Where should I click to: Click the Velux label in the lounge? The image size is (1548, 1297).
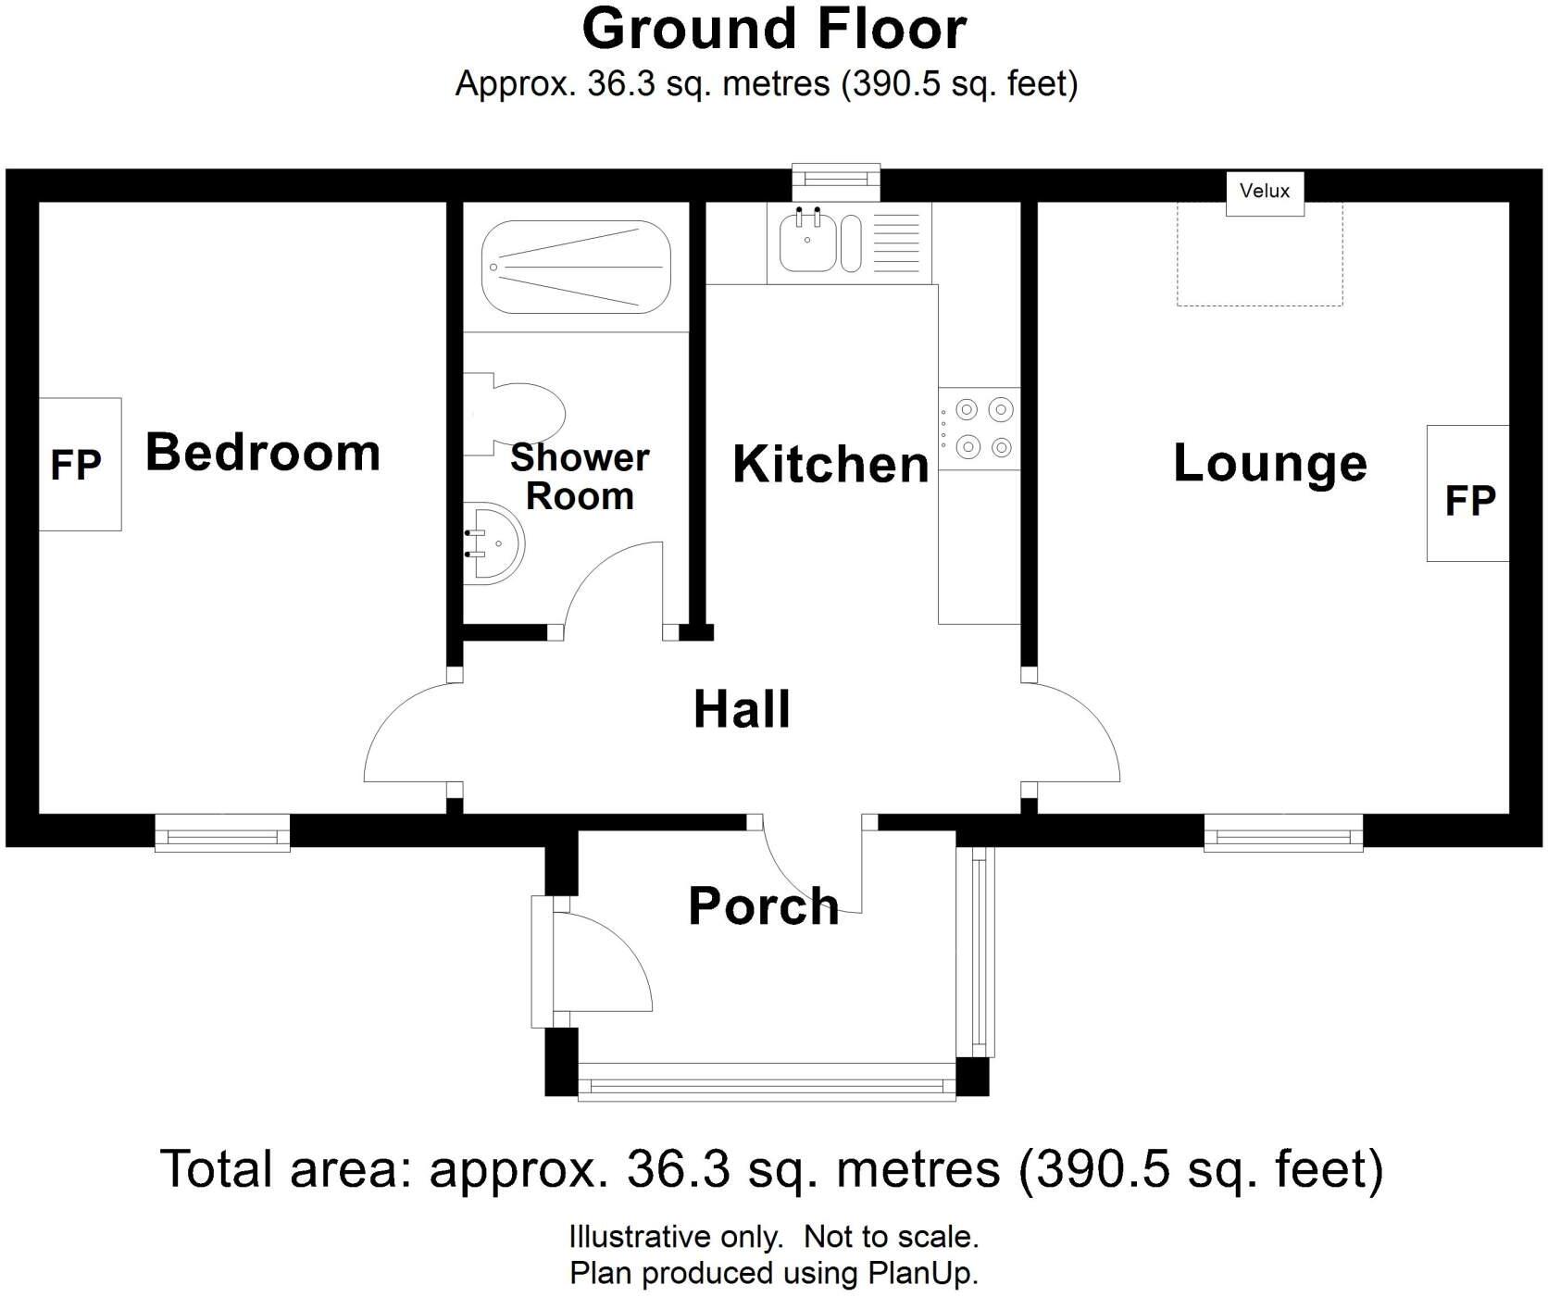(x=1264, y=191)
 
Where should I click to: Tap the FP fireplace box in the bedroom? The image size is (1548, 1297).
(x=80, y=464)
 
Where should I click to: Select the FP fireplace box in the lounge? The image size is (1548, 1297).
(x=1467, y=494)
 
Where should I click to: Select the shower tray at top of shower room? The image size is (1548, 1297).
(x=576, y=267)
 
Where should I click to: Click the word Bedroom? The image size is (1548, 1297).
(x=263, y=453)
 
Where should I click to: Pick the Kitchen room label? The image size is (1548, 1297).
(x=830, y=465)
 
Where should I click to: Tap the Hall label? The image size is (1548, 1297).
(x=742, y=710)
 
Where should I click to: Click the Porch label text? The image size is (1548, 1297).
(x=763, y=905)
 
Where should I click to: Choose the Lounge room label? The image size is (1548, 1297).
(x=1269, y=463)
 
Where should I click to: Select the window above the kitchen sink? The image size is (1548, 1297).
(x=836, y=178)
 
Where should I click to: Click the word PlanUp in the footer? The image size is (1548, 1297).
(x=921, y=1274)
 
